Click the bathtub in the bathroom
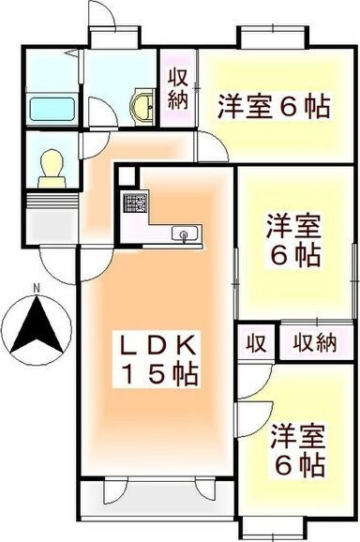[x=52, y=108]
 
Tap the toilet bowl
[x=51, y=168]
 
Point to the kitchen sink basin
[x=184, y=233]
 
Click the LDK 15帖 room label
[x=156, y=358]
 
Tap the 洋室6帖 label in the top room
[x=274, y=106]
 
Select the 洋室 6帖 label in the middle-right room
[x=293, y=240]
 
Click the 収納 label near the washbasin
[x=178, y=90]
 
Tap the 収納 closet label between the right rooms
[x=313, y=343]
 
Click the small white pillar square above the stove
[x=127, y=175]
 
